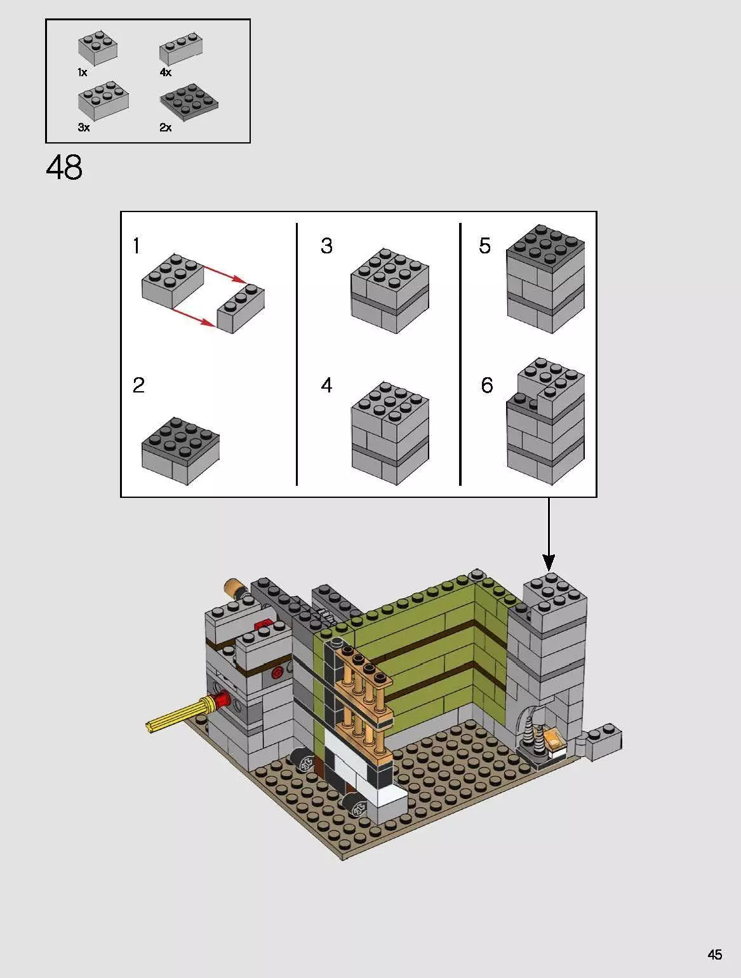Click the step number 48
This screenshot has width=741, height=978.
(x=64, y=168)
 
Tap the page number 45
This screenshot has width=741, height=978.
(x=714, y=955)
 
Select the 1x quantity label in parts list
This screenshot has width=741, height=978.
(x=83, y=72)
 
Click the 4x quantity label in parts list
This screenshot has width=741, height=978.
(x=165, y=72)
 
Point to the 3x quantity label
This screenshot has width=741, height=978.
(x=84, y=128)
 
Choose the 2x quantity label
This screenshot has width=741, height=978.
(x=165, y=128)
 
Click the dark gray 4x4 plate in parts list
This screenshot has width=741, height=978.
(x=189, y=102)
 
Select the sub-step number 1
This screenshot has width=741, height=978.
(x=137, y=246)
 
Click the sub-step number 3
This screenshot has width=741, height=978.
(x=326, y=246)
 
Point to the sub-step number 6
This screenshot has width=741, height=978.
(x=486, y=385)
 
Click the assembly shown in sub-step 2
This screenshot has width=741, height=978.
(x=180, y=450)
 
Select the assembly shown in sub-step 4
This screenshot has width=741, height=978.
(x=390, y=433)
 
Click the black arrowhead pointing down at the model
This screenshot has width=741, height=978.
(x=549, y=562)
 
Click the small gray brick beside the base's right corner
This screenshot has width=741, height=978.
(x=603, y=740)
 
